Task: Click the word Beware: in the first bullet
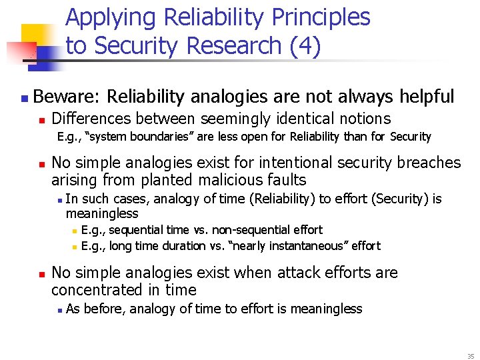[x=66, y=97]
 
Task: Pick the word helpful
[x=427, y=97]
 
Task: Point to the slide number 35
[x=470, y=357]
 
